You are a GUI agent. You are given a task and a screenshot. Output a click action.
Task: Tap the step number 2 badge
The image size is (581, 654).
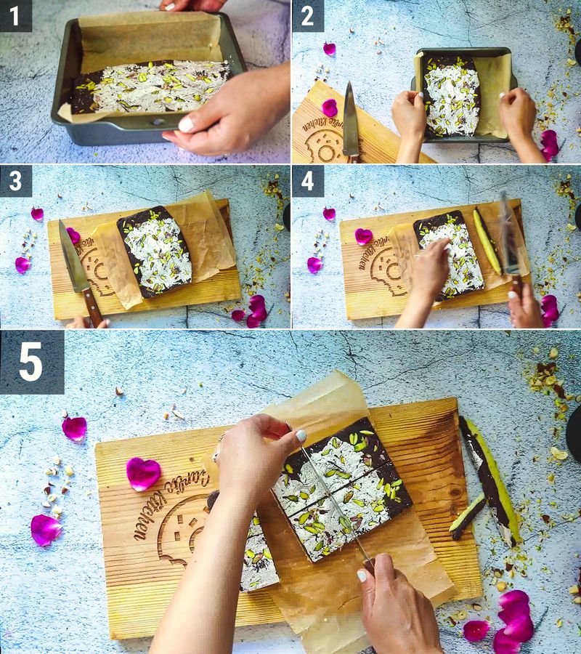308,15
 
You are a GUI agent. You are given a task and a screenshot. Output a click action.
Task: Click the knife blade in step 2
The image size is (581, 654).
350,116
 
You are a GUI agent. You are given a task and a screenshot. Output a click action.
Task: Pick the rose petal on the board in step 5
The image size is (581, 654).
142,473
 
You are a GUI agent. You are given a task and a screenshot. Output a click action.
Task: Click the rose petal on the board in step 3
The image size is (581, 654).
73,235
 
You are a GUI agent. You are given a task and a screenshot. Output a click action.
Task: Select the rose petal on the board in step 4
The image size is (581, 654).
363,235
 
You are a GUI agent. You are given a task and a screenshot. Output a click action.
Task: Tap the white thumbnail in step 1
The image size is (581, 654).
187,124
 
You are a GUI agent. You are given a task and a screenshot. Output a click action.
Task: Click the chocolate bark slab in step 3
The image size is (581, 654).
155,251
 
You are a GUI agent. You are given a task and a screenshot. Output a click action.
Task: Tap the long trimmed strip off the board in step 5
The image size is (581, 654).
490,480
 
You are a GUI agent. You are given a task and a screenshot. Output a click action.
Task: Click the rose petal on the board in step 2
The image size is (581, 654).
330,108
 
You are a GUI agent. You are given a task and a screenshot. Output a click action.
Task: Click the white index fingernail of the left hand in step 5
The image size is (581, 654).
300,435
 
